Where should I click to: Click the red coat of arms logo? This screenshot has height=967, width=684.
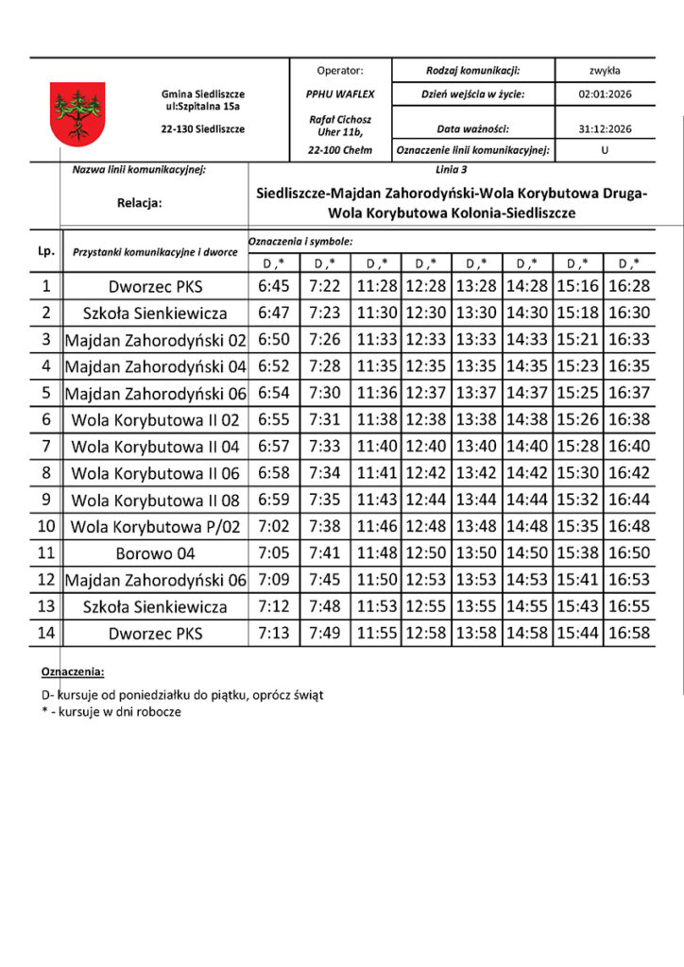(77, 113)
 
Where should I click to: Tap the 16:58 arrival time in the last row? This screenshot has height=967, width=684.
(630, 633)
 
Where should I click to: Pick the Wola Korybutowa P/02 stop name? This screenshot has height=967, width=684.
(155, 527)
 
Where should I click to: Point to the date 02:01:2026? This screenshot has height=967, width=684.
(605, 94)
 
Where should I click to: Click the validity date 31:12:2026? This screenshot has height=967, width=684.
(605, 129)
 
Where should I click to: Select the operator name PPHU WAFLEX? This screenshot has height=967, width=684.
(340, 94)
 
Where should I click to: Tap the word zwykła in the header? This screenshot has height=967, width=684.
(605, 70)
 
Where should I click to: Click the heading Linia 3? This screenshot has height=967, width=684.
(452, 170)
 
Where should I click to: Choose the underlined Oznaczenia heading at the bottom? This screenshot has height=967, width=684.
(72, 671)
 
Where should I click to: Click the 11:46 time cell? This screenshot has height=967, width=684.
(377, 527)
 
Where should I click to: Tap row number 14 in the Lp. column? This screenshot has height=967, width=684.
(45, 633)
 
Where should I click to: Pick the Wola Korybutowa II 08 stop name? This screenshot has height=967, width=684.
(155, 500)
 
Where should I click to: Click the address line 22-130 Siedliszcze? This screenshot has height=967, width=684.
(203, 129)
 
